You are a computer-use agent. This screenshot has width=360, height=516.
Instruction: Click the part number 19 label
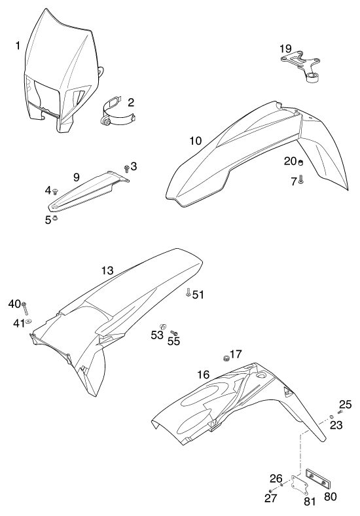pyautogui.click(x=285, y=48)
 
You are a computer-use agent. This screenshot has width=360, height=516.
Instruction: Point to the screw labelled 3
pyautogui.click(x=126, y=169)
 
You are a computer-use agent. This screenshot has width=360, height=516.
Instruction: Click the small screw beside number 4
pyautogui.click(x=55, y=191)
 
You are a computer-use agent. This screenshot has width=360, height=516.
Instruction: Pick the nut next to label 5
pyautogui.click(x=55, y=217)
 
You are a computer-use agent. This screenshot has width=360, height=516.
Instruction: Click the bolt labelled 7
pyautogui.click(x=301, y=179)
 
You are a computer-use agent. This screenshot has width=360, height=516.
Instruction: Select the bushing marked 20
pyautogui.click(x=300, y=162)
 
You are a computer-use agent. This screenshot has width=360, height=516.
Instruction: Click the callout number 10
pyautogui.click(x=196, y=141)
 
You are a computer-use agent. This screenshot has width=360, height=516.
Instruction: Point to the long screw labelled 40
pyautogui.click(x=25, y=308)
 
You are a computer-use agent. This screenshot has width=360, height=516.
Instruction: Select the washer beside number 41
pyautogui.click(x=28, y=321)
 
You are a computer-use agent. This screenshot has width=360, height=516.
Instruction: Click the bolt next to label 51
pyautogui.click(x=188, y=292)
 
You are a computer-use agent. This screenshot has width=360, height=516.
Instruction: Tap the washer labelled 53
pyautogui.click(x=163, y=327)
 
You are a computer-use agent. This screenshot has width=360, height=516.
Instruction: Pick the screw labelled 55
pyautogui.click(x=173, y=334)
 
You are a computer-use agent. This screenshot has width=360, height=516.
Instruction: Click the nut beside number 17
pyautogui.click(x=226, y=358)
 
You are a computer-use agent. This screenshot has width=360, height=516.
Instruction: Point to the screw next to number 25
pyautogui.click(x=340, y=412)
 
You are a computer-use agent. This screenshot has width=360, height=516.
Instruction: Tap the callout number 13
pyautogui.click(x=107, y=270)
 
